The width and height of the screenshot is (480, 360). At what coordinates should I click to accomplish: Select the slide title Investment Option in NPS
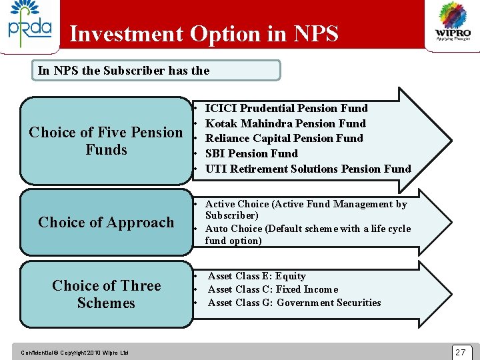(203, 33)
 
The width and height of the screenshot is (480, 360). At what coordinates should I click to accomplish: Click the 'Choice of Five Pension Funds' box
(106, 141)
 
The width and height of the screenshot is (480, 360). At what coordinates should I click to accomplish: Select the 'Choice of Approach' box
(106, 223)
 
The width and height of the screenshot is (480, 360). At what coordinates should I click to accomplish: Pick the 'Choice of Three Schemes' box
(106, 294)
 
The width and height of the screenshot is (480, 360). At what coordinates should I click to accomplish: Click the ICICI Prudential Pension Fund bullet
(286, 108)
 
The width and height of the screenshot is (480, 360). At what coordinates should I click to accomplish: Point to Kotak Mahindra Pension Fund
(285, 123)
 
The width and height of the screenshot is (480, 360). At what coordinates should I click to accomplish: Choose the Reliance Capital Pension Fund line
(284, 138)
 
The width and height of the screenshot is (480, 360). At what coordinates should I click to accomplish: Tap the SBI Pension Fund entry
(251, 153)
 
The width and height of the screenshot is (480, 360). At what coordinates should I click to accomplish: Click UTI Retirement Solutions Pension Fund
(308, 169)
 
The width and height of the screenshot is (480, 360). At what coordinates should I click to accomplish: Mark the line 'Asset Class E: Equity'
(257, 276)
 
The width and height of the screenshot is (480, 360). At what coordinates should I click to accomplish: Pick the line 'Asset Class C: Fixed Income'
(273, 289)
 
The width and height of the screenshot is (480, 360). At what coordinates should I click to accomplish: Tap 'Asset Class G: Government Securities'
(294, 303)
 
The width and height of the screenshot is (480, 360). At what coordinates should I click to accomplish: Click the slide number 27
(460, 352)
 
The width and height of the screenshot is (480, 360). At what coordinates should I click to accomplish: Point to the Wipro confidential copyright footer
(75, 353)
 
